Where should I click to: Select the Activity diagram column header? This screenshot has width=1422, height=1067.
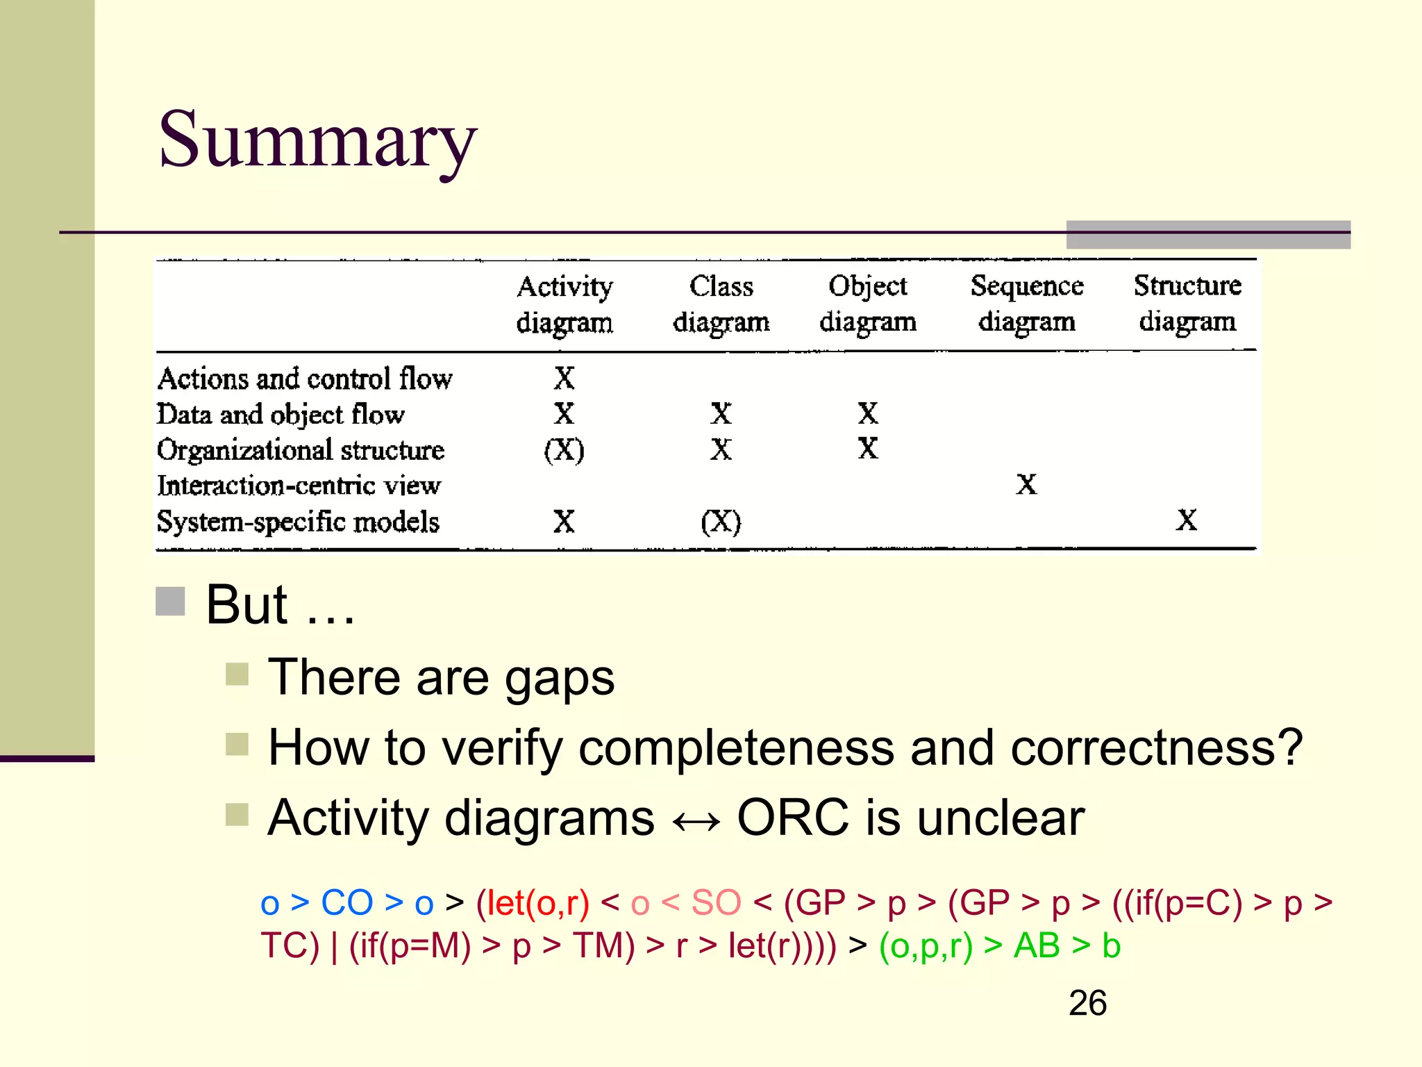click(x=564, y=304)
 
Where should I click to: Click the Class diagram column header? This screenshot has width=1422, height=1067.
click(x=721, y=304)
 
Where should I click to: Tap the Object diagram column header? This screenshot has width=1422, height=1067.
click(x=868, y=304)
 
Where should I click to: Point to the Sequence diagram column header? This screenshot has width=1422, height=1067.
click(x=1027, y=304)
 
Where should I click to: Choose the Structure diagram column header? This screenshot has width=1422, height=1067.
click(x=1187, y=304)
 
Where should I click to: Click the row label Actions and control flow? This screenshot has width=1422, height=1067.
click(x=305, y=379)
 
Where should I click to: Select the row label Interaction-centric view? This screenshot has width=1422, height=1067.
click(x=299, y=485)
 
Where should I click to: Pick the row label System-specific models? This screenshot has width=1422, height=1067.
click(x=298, y=521)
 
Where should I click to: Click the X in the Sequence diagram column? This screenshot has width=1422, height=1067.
click(x=1026, y=484)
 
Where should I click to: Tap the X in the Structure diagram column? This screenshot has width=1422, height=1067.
click(x=1187, y=520)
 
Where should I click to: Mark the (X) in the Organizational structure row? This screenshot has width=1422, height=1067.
click(x=564, y=450)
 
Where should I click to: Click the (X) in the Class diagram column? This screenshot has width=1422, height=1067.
click(x=721, y=521)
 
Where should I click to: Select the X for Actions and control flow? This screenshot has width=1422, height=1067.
click(x=564, y=379)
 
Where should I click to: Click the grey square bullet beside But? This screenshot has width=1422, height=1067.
click(x=170, y=602)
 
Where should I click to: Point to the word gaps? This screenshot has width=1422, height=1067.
click(x=559, y=679)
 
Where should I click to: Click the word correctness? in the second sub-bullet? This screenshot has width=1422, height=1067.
click(x=1156, y=748)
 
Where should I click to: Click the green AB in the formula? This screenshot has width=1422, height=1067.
click(x=1037, y=945)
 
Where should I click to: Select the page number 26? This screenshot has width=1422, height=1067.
click(x=1087, y=1003)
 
